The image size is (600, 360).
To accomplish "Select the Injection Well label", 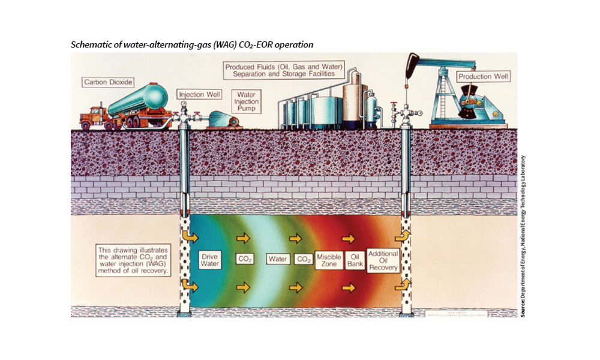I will (200, 94).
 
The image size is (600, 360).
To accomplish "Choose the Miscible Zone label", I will (329, 260).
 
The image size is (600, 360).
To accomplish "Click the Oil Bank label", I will (356, 260).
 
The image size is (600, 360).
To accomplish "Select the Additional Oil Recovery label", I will (383, 260).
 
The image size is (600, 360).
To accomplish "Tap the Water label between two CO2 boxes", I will (278, 260).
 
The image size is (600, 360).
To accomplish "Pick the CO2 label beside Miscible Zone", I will (304, 260).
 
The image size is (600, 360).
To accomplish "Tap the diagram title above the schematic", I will (192, 45).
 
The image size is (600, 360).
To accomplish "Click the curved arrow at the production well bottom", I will (407, 282).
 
